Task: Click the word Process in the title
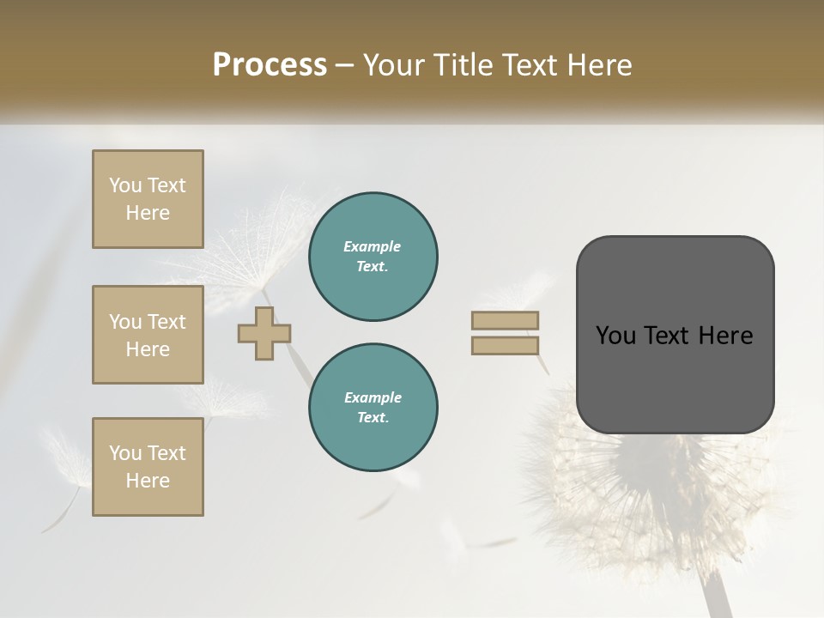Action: coord(270,65)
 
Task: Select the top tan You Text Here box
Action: coord(148,199)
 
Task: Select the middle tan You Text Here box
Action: coord(148,335)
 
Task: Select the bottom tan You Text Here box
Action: coord(148,467)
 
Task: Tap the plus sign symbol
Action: coord(264,333)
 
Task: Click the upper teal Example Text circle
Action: coord(373,256)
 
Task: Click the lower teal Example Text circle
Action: coord(373,407)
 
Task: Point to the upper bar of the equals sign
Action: coord(505,320)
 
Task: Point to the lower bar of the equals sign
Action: coord(505,346)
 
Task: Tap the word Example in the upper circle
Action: coord(373,246)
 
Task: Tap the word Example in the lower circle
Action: coord(373,397)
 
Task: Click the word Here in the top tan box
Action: coord(148,213)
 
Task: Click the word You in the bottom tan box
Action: coord(125,453)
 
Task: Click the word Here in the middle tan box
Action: coord(148,349)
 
